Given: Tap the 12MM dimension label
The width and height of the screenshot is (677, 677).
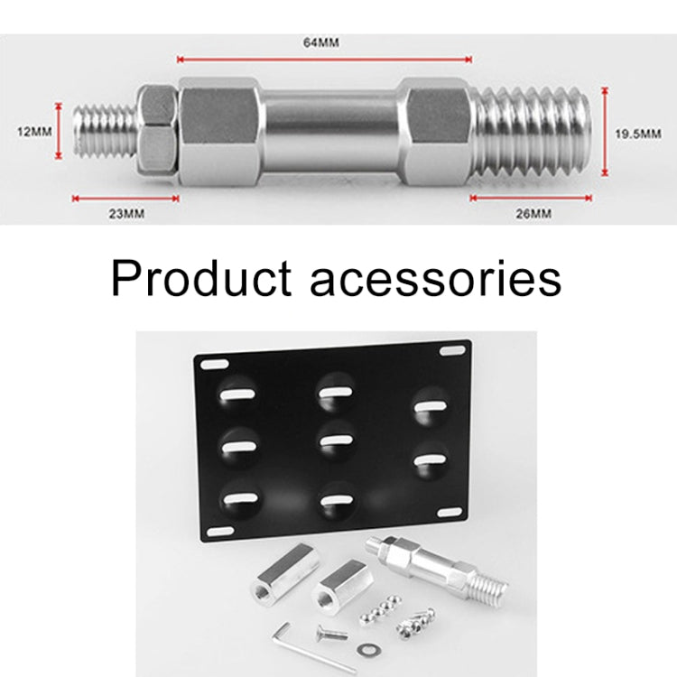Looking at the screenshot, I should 35,132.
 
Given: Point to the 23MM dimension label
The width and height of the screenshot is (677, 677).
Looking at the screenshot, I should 124,213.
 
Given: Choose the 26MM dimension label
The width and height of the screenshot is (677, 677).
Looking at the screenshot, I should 533,213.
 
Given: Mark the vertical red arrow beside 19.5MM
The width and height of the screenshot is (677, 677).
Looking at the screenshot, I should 604,131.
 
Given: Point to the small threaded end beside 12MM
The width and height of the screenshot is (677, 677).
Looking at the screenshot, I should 106,132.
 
